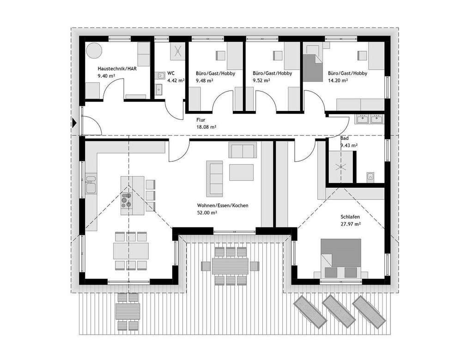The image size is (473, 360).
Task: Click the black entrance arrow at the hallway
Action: click(x=74, y=123)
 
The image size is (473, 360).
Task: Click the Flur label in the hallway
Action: click(x=200, y=118)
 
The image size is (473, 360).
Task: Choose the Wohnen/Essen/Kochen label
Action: click(x=223, y=205)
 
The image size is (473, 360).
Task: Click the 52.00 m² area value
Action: click(x=207, y=213)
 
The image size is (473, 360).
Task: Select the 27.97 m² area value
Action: click(x=350, y=224)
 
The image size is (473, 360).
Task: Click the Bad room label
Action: click(x=345, y=138)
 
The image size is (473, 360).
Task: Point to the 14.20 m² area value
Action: click(x=338, y=80)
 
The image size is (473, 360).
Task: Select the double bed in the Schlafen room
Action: click(x=341, y=259)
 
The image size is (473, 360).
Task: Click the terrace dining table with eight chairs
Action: click(x=230, y=266)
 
